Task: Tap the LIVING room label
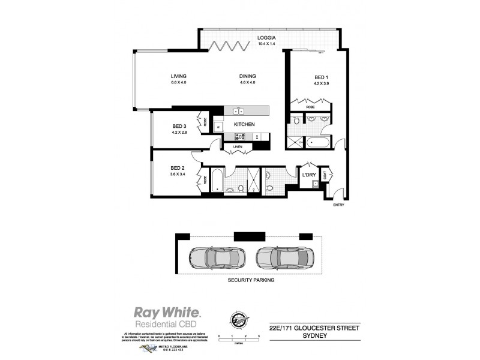click(178, 76)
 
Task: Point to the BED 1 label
click(322, 78)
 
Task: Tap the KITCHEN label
click(245, 124)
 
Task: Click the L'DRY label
click(310, 175)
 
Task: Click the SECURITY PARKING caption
click(251, 280)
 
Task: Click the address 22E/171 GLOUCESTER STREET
click(314, 328)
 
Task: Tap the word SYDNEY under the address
click(314, 337)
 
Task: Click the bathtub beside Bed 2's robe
click(218, 180)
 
